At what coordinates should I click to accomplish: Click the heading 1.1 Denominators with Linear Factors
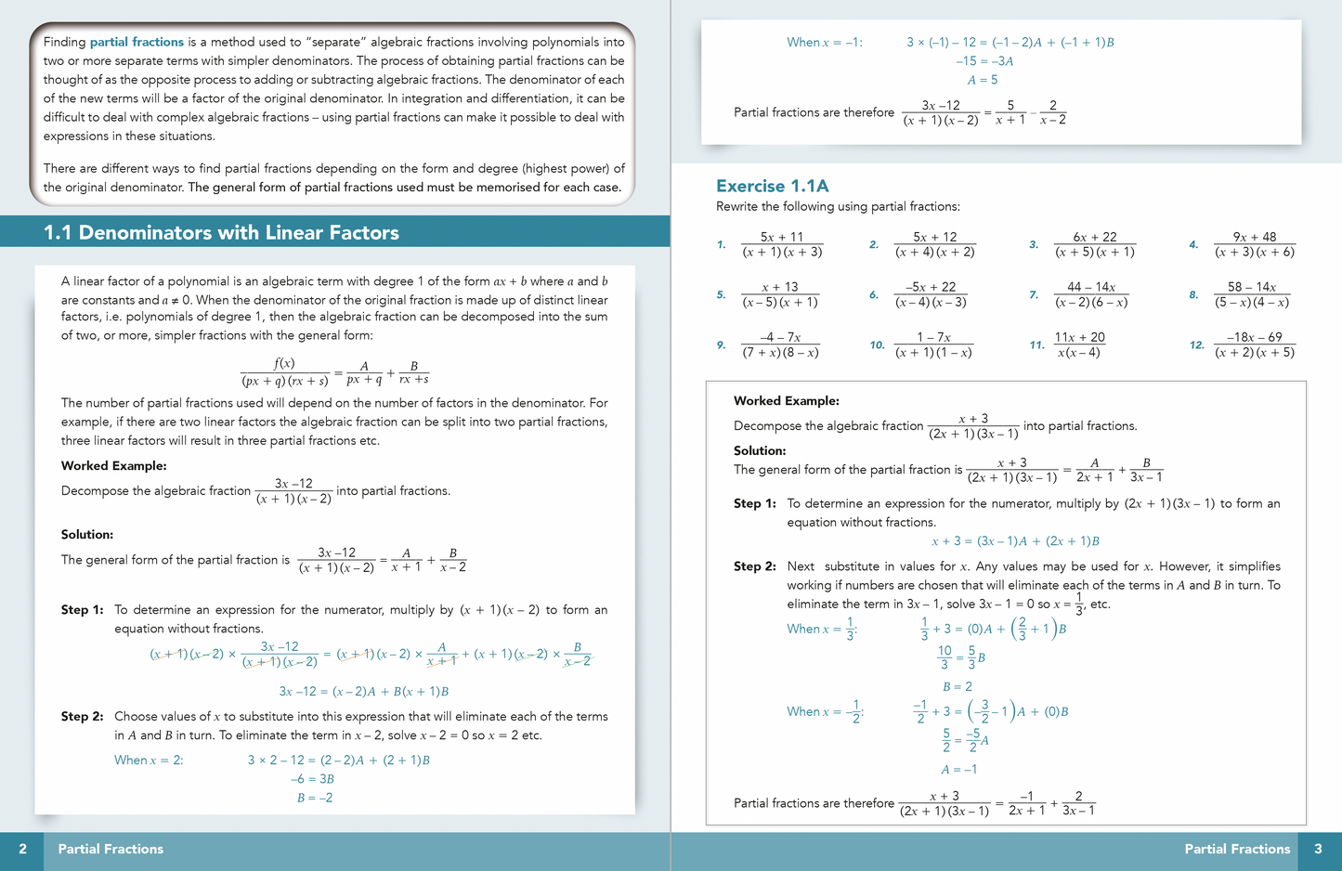tap(221, 233)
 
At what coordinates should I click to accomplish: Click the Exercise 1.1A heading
tap(772, 186)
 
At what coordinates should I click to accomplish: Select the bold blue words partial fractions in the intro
tap(137, 42)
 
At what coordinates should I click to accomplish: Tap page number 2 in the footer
tap(22, 849)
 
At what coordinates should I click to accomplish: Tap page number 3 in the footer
tap(1318, 849)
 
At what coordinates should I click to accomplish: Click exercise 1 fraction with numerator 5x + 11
tap(781, 244)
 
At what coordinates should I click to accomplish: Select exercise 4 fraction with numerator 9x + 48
tap(1254, 244)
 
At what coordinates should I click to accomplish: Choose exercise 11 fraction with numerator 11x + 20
tap(1079, 344)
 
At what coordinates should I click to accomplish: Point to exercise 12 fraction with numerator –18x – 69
tap(1254, 344)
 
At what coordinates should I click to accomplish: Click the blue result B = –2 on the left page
tap(315, 798)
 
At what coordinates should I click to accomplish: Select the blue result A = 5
tap(983, 80)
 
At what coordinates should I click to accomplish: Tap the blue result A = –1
tap(958, 769)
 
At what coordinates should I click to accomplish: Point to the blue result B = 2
tap(958, 686)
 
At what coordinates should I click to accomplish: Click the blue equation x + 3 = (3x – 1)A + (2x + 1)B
tap(1015, 541)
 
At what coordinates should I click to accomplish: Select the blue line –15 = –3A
tap(984, 61)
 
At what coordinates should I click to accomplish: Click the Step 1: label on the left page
tap(82, 610)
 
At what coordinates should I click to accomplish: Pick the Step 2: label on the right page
tap(754, 566)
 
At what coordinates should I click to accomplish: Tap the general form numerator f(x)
tap(284, 364)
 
